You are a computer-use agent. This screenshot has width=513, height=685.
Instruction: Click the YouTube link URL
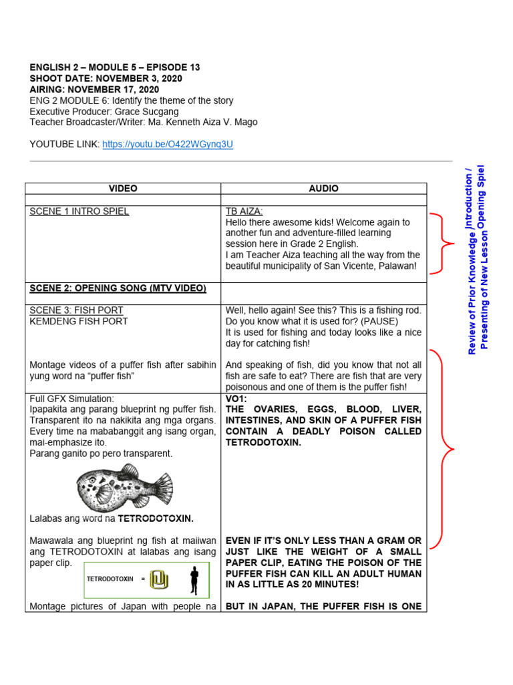pos(168,144)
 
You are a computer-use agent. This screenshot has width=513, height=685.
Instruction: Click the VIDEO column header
pos(123,189)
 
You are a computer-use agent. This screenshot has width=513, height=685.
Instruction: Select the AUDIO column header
pos(323,189)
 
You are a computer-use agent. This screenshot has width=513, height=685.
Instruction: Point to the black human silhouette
pos(194,580)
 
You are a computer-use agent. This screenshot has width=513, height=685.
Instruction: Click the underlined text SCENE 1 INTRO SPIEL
pos(79,211)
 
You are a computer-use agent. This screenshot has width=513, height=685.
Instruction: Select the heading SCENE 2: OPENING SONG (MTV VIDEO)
pos(118,288)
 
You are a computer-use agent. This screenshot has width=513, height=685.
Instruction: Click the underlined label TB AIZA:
pos(244,211)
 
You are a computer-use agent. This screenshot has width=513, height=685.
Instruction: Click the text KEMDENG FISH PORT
pos(79,321)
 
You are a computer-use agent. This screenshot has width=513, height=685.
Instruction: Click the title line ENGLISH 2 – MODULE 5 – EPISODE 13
pos(115,68)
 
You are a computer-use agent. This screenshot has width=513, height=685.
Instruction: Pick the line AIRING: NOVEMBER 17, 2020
pos(94,89)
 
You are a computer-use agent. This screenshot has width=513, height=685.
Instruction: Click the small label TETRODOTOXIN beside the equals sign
pos(110,579)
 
